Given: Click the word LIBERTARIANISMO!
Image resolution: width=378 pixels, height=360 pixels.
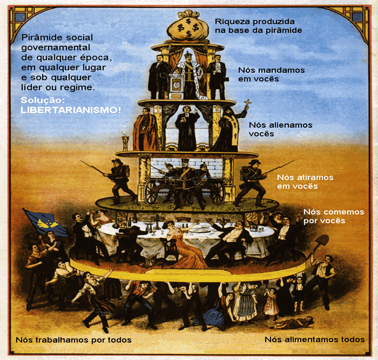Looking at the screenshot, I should click(71, 110).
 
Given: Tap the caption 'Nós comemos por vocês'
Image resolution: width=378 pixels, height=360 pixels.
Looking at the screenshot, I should click(333, 216).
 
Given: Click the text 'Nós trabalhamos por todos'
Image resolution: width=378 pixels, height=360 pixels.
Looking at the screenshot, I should click(73, 340).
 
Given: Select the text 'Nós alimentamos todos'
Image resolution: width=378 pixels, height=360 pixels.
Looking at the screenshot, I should click(314, 340).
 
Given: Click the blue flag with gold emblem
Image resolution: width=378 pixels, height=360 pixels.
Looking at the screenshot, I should click(44, 222).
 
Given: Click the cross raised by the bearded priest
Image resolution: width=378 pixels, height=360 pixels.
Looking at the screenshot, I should click(247, 104).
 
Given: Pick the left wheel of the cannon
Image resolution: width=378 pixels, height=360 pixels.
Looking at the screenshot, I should click(151, 193).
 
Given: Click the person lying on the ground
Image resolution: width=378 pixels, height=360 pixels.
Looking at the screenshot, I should click(294, 322).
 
